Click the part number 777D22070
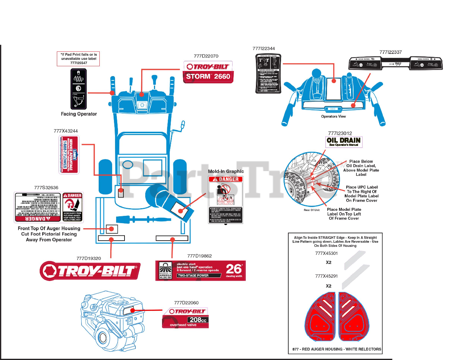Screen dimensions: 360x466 206,56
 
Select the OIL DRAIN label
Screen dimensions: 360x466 344,142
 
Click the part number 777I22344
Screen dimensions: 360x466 264,48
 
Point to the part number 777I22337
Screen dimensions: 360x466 390,52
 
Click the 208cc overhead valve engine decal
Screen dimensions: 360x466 185,318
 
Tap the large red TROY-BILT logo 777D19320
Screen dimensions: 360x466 90,271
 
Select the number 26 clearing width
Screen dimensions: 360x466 234,269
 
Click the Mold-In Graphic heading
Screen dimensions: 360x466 226,171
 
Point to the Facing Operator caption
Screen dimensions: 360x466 79,114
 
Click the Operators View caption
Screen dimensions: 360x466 333,116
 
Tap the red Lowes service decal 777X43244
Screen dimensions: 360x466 68,155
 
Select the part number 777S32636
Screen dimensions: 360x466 46,187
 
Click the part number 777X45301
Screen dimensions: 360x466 326,253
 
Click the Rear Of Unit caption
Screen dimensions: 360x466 312,210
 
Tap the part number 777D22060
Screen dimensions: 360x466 186,302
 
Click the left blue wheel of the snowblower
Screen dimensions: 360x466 105,176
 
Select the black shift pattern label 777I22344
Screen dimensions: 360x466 268,74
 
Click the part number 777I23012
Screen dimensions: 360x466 340,133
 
